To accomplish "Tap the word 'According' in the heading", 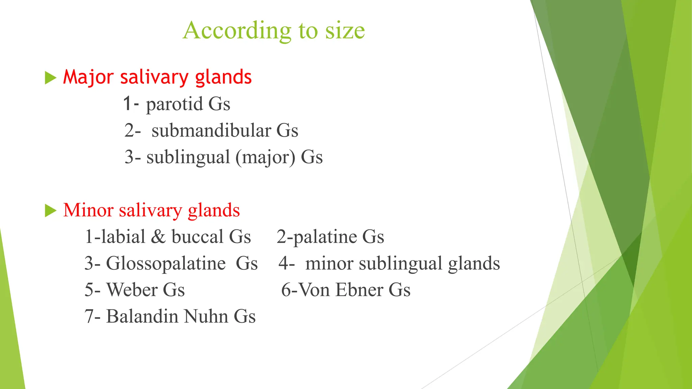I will [x=237, y=31].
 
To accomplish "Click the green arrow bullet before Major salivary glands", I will [x=50, y=78].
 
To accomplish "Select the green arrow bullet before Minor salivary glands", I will [x=50, y=211].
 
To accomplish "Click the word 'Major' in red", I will [x=88, y=77].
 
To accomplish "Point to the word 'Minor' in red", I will [x=88, y=210].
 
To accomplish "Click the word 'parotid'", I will [x=174, y=104].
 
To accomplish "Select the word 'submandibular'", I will [x=211, y=130].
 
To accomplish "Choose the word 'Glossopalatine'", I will [x=166, y=263].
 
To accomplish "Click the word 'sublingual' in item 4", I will [x=400, y=263].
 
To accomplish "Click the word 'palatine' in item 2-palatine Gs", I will [x=324, y=237].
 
